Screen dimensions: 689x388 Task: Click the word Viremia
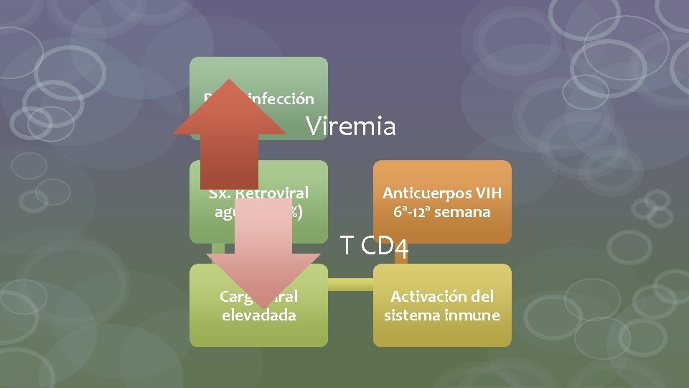coord(351,126)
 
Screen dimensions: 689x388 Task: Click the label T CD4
coord(375,246)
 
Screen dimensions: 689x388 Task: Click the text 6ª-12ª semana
coord(441,212)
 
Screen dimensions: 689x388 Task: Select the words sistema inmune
coord(441,315)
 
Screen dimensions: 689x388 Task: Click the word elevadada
coord(258,315)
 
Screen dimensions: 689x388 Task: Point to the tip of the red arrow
coord(229,81)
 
